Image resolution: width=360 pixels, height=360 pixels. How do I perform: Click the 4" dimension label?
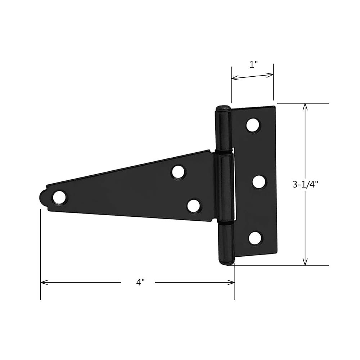click(140, 283)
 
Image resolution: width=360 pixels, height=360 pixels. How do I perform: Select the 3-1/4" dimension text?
click(305, 184)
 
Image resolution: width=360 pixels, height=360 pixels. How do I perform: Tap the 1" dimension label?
click(254, 65)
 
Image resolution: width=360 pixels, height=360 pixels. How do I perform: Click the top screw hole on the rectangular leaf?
click(253, 125)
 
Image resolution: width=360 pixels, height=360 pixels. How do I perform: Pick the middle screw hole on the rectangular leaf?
click(259, 181)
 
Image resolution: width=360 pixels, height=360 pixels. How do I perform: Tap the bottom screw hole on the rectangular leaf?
click(255, 238)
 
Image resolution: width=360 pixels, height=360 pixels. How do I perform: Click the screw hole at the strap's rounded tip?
click(59, 198)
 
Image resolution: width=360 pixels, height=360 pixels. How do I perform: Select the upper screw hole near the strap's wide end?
click(178, 172)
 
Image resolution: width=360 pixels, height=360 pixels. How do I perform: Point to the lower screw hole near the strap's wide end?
click(194, 206)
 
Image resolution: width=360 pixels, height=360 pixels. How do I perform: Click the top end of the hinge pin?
click(223, 108)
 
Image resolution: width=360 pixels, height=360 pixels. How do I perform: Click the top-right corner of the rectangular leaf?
click(275, 107)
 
